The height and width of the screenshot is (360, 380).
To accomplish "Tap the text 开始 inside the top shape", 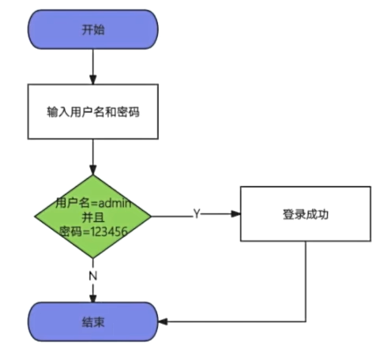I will point(93,29).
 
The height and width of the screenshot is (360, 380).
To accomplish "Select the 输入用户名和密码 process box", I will point(93,111).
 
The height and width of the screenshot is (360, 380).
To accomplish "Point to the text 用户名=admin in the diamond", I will point(94,203).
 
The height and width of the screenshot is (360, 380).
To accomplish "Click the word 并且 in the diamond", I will point(93,216).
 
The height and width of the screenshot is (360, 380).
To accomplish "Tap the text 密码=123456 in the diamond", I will point(93,231).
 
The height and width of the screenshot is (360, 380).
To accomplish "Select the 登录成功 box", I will point(305,214).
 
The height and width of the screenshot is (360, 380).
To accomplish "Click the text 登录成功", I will point(305,214).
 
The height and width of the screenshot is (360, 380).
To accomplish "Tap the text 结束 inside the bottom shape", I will point(93,322).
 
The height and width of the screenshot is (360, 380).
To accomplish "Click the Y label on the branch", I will point(197,214).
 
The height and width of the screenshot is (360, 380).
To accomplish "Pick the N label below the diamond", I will point(93,277).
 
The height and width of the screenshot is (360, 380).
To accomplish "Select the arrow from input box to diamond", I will point(93,158).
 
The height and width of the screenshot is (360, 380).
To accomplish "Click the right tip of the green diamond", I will point(151,216).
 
